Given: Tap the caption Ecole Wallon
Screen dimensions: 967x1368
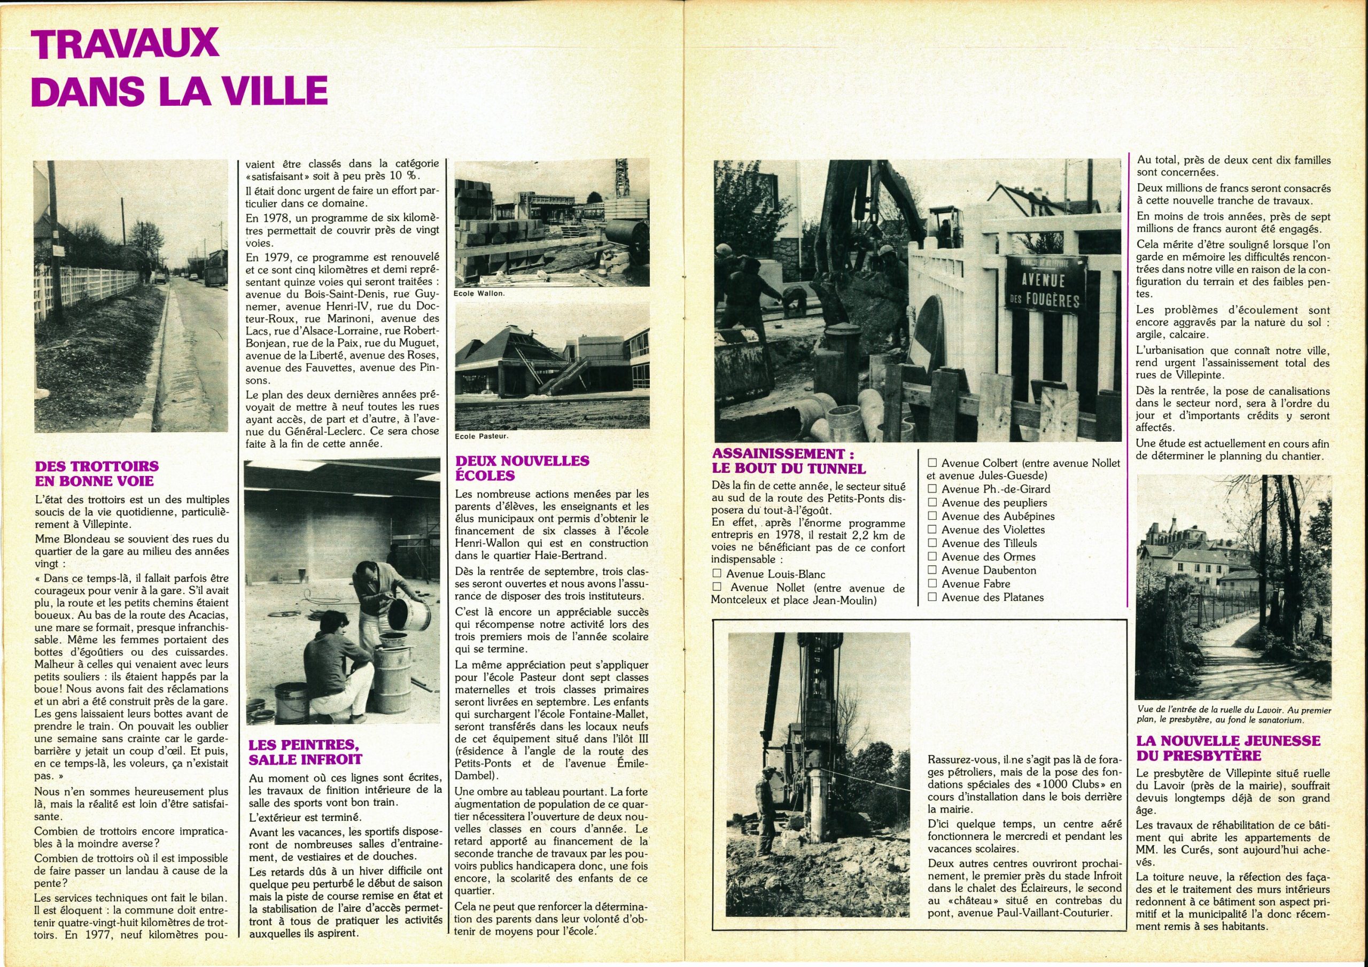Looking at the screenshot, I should coord(479,294).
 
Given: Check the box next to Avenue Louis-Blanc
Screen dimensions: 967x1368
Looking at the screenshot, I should coord(717,574).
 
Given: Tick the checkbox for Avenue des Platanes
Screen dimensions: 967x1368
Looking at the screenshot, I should coord(932,597).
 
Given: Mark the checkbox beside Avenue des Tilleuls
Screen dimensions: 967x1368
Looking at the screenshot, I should coord(932,543).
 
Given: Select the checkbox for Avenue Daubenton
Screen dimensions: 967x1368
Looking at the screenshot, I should coord(932,570).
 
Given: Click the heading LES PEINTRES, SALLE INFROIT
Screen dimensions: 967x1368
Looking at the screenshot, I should coord(305,752).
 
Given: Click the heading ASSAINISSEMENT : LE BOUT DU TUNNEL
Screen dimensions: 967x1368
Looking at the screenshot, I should coord(788,461).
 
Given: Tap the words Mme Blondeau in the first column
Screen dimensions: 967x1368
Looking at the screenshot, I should coord(68,539).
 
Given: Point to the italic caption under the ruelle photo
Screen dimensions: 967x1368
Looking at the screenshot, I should coord(1233,715).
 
